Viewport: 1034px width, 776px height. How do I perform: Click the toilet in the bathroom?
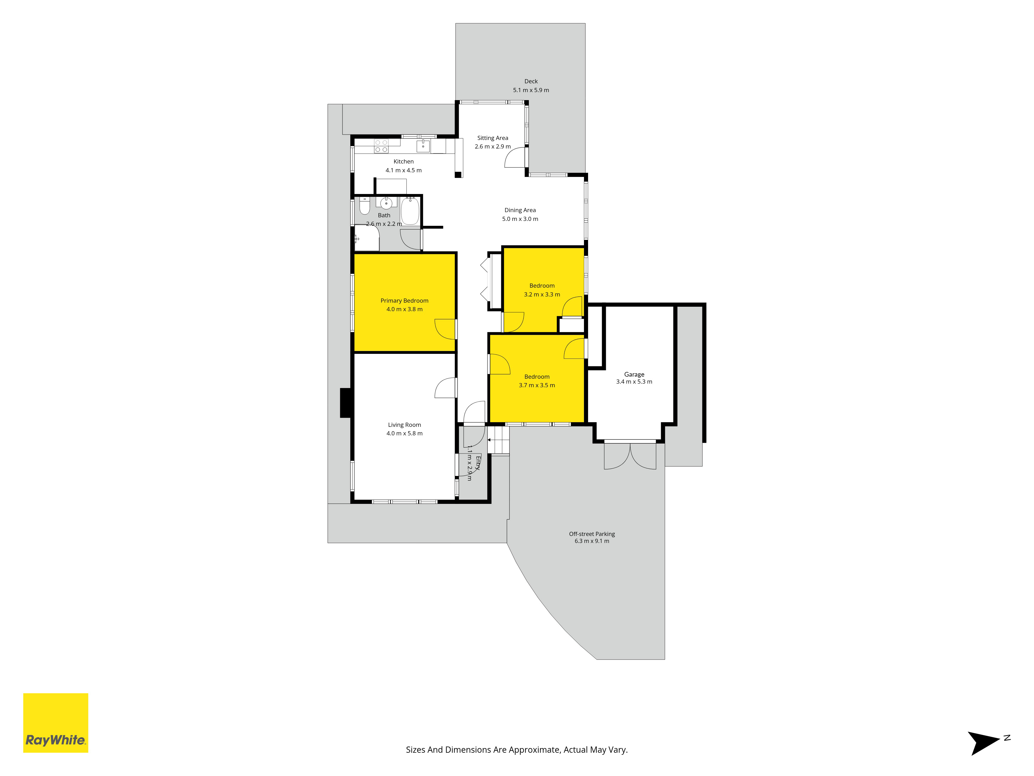tap(364, 206)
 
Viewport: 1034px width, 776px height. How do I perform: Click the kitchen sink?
tap(423, 146)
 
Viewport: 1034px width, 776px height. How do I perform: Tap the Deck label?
tap(531, 81)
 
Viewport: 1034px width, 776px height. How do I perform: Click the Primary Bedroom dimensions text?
tap(404, 309)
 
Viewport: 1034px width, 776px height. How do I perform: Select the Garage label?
tap(634, 374)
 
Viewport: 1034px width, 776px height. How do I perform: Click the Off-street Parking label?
tap(592, 534)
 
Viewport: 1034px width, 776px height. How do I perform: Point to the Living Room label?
tap(404, 425)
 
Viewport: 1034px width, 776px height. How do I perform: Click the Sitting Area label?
tap(493, 138)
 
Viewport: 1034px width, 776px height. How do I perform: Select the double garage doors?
tap(630, 456)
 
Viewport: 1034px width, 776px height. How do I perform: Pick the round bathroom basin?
tap(386, 204)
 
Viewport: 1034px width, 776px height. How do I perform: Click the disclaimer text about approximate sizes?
tap(516, 750)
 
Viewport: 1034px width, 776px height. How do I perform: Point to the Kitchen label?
tap(404, 161)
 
